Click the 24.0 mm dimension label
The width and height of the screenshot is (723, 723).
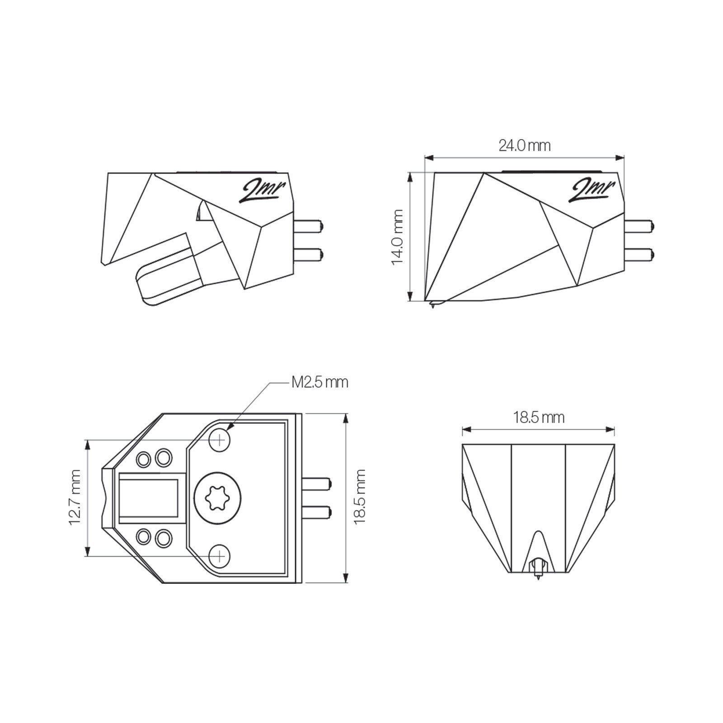coord(525,146)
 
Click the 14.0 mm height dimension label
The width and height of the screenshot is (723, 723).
coord(398,237)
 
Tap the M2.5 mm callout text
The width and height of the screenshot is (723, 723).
coord(320,382)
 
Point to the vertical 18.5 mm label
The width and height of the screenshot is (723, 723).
coord(360,497)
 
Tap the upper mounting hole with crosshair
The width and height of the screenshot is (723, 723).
coord(220,439)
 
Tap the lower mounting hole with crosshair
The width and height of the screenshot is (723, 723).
coord(220,555)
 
